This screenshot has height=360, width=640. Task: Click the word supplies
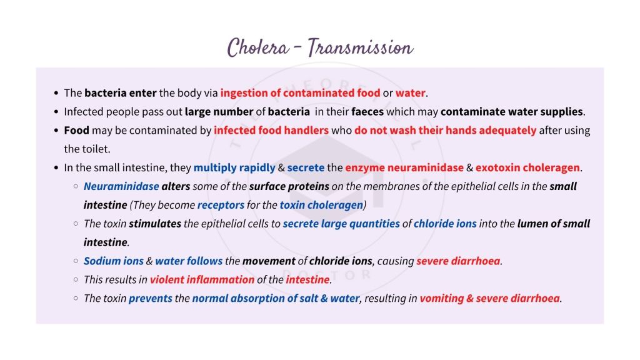pos(563,112)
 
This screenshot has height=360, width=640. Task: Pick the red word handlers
pos(306,131)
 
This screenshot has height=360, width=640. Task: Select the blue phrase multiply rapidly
pos(234,167)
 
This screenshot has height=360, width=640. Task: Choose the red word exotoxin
pos(497,167)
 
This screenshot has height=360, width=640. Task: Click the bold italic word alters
pos(176,186)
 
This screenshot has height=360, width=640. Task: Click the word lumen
pos(533,224)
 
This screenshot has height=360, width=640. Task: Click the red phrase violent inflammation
pos(202,279)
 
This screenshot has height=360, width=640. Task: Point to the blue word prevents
pos(150,298)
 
